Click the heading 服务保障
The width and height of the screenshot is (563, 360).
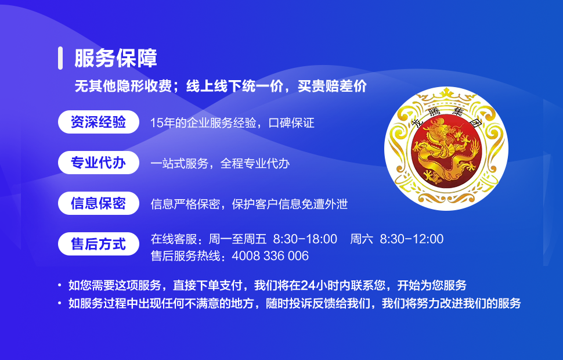click(x=116, y=58)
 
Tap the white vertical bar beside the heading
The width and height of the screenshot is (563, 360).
click(x=60, y=58)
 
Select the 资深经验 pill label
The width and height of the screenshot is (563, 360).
click(x=99, y=122)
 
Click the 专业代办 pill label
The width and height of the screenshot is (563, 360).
click(x=99, y=163)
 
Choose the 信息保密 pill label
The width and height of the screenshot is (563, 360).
click(x=99, y=203)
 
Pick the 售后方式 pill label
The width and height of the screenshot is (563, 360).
click(x=99, y=244)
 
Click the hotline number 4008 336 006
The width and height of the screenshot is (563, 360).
click(x=270, y=256)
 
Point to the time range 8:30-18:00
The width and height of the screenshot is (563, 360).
click(x=305, y=239)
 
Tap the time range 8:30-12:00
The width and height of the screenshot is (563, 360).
click(x=412, y=239)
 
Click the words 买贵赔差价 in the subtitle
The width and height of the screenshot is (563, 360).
click(x=332, y=87)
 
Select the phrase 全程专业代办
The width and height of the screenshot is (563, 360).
click(x=255, y=164)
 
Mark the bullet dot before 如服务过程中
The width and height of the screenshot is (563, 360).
click(x=60, y=303)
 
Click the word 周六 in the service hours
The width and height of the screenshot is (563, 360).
click(x=362, y=239)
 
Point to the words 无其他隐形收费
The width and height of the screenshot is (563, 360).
click(x=123, y=87)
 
